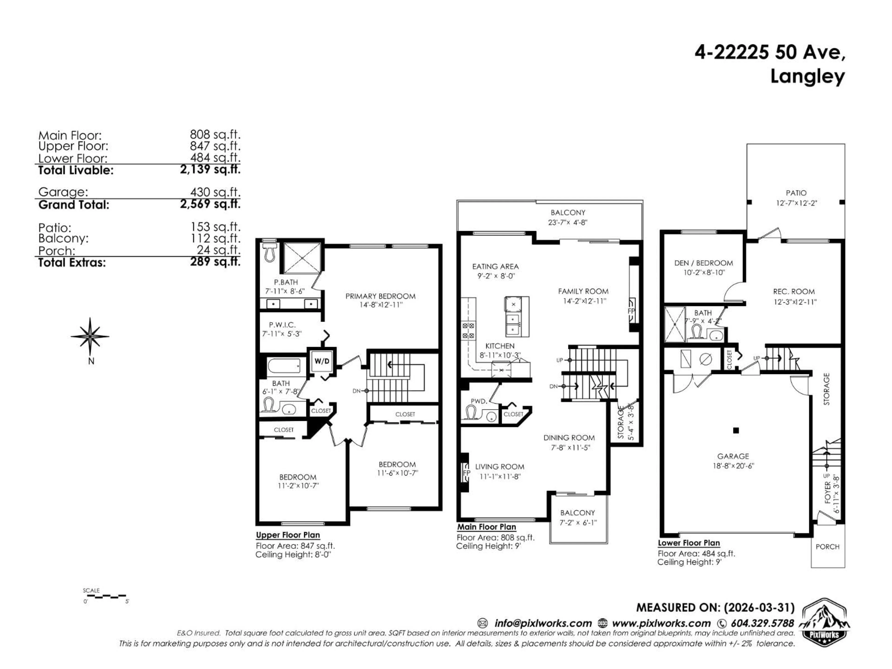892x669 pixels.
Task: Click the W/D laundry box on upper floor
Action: [x=321, y=361]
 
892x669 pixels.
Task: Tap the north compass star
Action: [x=90, y=336]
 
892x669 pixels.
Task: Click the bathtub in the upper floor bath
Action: [x=284, y=366]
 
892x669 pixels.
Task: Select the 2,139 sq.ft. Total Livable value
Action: [x=210, y=169]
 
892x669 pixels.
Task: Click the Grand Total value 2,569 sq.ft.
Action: [x=210, y=204]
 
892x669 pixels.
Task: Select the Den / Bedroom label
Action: [x=703, y=263]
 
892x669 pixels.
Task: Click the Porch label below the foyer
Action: [x=827, y=547]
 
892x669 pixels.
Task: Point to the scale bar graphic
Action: [x=105, y=596]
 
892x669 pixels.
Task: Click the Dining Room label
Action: [x=569, y=438]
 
